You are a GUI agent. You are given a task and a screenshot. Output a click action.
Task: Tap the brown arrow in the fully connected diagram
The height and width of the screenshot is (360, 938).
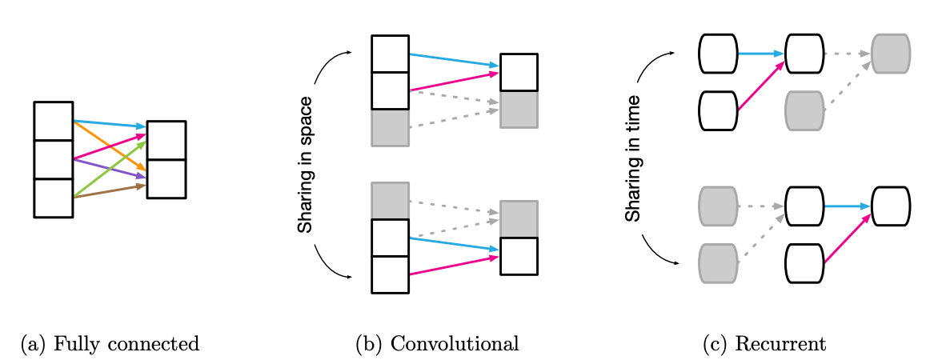pyautogui.click(x=109, y=190)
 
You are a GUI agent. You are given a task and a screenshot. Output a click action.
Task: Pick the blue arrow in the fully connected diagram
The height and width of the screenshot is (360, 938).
pyautogui.click(x=108, y=123)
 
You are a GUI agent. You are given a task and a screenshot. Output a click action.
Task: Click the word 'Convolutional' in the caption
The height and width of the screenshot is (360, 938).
pyautogui.click(x=455, y=344)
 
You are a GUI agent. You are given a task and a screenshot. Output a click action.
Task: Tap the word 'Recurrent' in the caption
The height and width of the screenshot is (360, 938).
pyautogui.click(x=780, y=344)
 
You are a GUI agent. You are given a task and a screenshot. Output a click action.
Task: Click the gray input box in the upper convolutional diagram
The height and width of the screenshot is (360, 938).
pyautogui.click(x=390, y=127)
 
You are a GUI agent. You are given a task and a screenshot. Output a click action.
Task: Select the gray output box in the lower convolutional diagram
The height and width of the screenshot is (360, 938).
pyautogui.click(x=519, y=218)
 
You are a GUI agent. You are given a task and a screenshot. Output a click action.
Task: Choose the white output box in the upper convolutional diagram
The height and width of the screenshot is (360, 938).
pyautogui.click(x=519, y=73)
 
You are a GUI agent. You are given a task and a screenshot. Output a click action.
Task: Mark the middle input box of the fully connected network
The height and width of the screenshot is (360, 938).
pyautogui.click(x=54, y=159)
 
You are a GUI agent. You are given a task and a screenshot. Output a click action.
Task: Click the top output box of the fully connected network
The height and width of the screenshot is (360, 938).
pyautogui.click(x=166, y=141)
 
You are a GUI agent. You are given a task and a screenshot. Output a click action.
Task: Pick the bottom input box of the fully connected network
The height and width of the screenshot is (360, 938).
pyautogui.click(x=54, y=198)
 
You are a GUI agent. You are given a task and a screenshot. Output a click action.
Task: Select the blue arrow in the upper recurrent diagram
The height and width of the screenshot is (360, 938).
pyautogui.click(x=760, y=54)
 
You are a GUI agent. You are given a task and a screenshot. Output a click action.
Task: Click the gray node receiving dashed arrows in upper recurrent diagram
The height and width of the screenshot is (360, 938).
pyautogui.click(x=890, y=54)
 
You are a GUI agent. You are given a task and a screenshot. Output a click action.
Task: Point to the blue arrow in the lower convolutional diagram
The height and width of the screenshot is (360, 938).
pyautogui.click(x=454, y=244)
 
